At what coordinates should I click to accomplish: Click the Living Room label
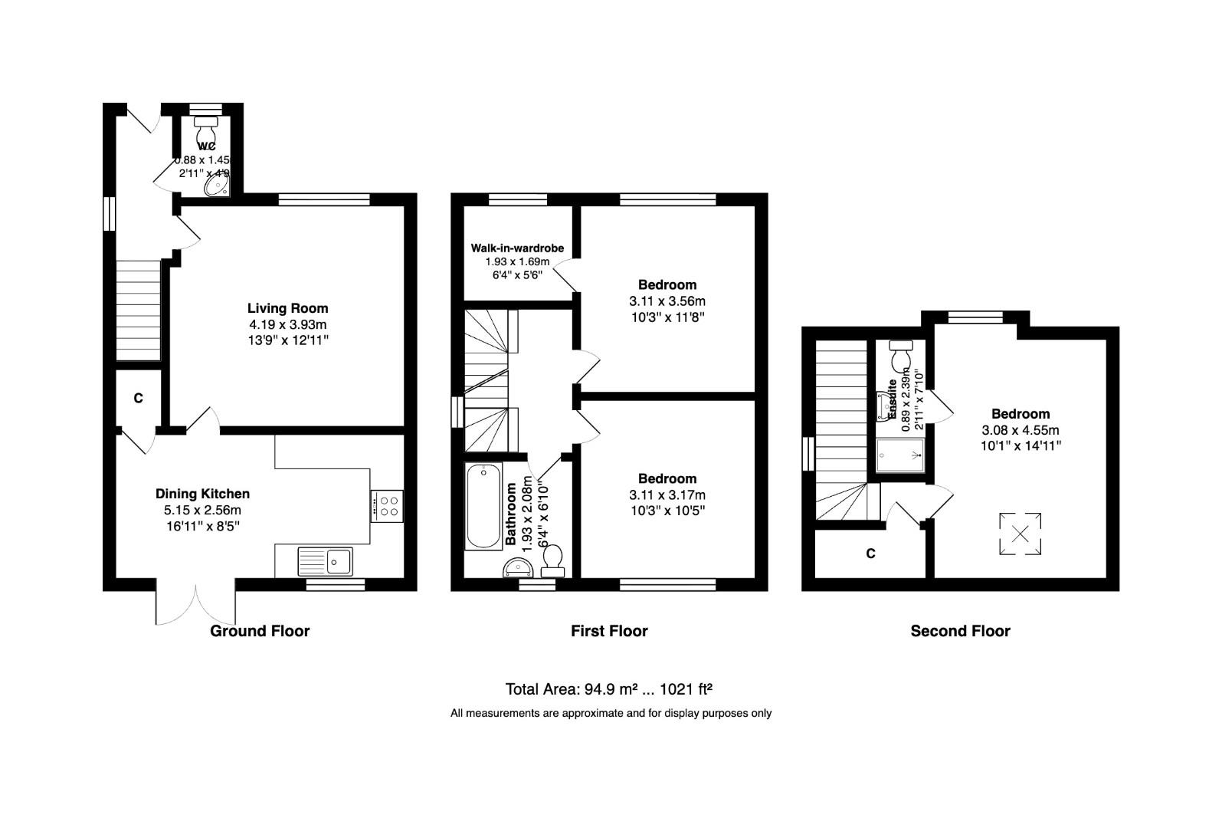(287, 308)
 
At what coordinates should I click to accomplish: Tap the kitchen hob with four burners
(386, 506)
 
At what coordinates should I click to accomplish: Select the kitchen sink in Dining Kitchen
(326, 561)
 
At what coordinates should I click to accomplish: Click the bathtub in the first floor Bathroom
(483, 506)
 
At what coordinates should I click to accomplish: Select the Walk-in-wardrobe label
(517, 248)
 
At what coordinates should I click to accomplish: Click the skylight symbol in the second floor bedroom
(1021, 533)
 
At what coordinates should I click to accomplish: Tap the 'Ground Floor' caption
(260, 631)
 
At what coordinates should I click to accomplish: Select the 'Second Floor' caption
(960, 631)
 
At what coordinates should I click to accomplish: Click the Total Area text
(611, 688)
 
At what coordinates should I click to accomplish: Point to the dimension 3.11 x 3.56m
(667, 301)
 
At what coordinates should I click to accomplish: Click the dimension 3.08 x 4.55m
(1021, 430)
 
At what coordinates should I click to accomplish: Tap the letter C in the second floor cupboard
(870, 554)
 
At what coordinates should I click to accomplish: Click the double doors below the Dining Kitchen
(195, 605)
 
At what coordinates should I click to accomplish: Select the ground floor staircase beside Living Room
(138, 310)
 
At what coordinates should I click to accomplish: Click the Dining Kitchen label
(202, 494)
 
